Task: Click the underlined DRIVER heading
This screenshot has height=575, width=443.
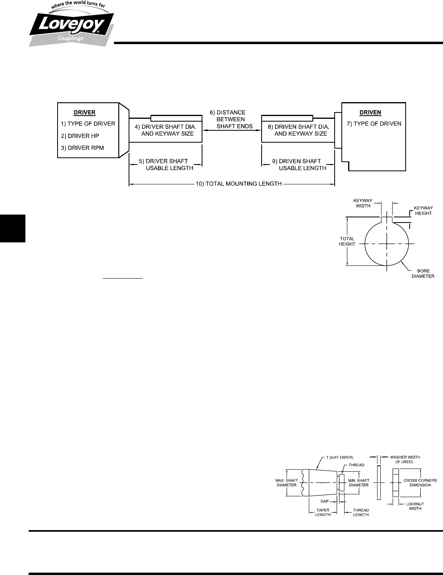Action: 85,112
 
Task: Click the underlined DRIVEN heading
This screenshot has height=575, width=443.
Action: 370,112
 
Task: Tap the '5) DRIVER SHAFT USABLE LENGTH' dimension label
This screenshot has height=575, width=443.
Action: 166,165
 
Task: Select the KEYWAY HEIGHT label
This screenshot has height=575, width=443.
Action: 423,210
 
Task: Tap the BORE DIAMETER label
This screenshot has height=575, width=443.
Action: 423,273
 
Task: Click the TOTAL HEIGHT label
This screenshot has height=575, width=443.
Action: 347,241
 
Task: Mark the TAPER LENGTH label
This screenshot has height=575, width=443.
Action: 323,512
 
